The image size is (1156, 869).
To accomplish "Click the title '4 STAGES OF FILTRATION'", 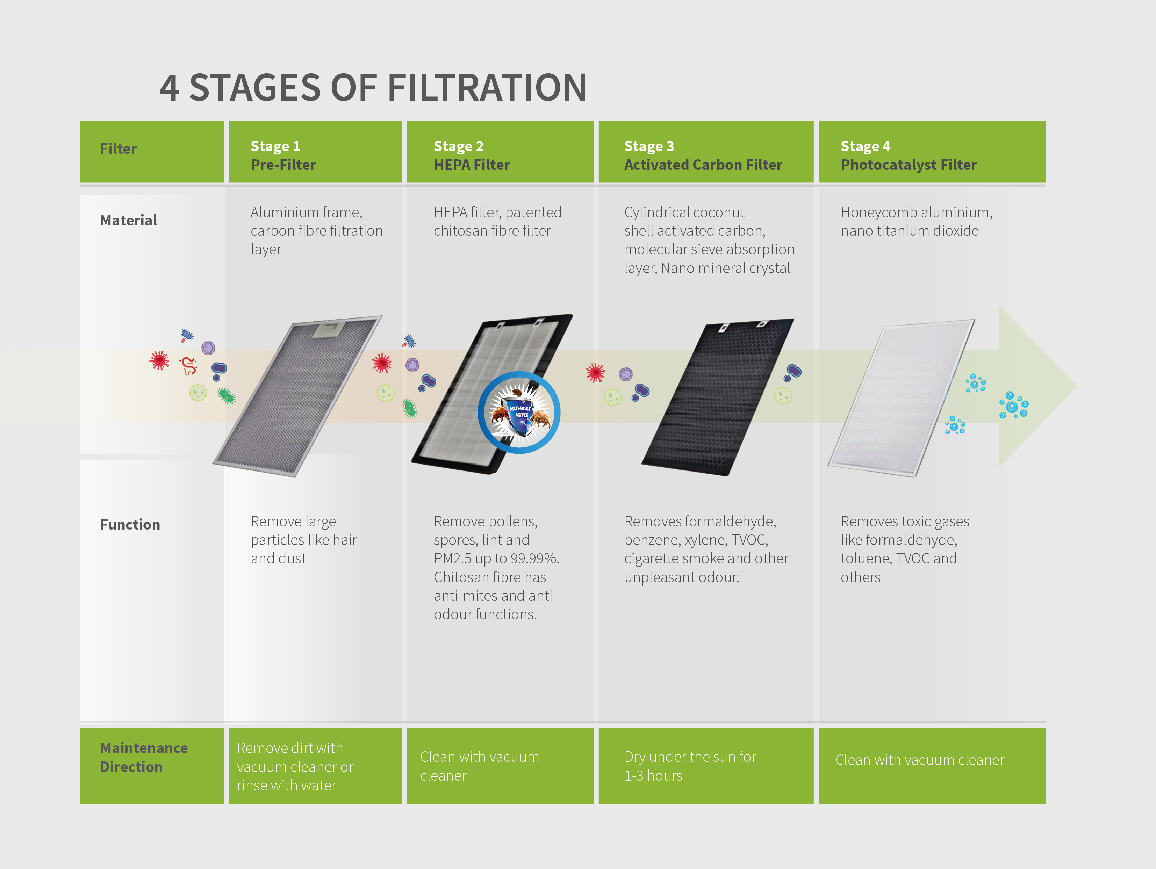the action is tap(373, 87).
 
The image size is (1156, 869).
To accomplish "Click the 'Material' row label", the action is tap(129, 220).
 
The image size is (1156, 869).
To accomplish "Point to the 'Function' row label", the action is tap(130, 524).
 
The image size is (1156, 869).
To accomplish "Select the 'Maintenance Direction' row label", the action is tap(144, 757).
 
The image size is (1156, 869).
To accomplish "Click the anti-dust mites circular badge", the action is tap(519, 412).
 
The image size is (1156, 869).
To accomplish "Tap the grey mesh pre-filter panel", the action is tap(297, 395).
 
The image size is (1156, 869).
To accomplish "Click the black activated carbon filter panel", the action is tap(718, 396).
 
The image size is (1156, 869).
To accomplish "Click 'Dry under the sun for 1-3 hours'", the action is tap(690, 766).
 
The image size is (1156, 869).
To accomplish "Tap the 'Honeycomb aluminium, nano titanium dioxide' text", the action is tap(917, 221).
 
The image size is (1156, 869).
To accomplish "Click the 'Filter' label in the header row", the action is tap(118, 148).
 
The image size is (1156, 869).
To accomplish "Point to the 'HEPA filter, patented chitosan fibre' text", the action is tap(497, 221).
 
